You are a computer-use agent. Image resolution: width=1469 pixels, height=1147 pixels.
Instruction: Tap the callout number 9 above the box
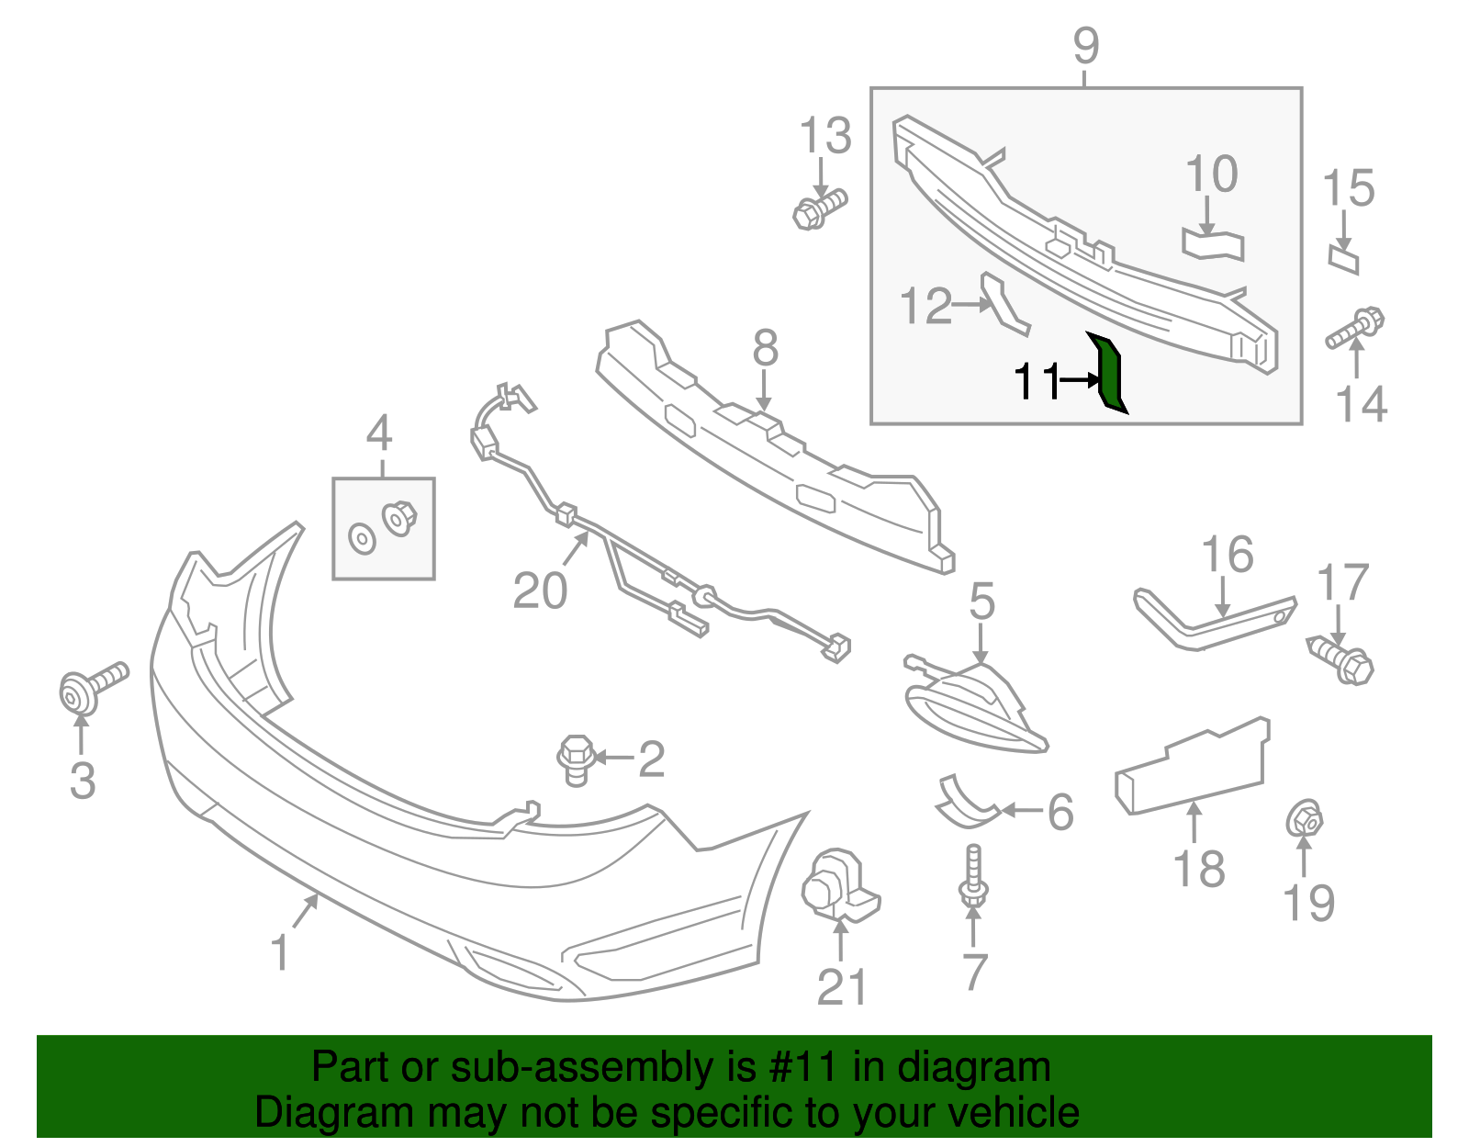pyautogui.click(x=1085, y=45)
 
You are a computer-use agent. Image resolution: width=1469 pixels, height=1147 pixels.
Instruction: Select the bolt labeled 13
pyautogui.click(x=819, y=208)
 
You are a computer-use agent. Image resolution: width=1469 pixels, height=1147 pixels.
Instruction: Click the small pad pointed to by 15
pyautogui.click(x=1343, y=259)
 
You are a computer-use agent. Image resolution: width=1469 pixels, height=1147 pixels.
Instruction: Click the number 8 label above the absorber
pyautogui.click(x=765, y=349)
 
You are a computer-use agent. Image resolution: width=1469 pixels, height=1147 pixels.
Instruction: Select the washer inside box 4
pyautogui.click(x=363, y=539)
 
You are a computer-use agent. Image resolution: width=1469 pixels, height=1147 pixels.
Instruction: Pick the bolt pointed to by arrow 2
pyautogui.click(x=574, y=759)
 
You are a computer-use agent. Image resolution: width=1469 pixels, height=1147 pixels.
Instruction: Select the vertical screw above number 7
pyautogui.click(x=974, y=878)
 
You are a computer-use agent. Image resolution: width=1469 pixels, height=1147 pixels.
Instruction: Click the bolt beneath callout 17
pyautogui.click(x=1342, y=660)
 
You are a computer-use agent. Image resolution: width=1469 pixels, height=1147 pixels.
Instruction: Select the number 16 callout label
pyautogui.click(x=1228, y=556)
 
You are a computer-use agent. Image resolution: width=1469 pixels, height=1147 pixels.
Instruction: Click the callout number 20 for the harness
pyautogui.click(x=540, y=590)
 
